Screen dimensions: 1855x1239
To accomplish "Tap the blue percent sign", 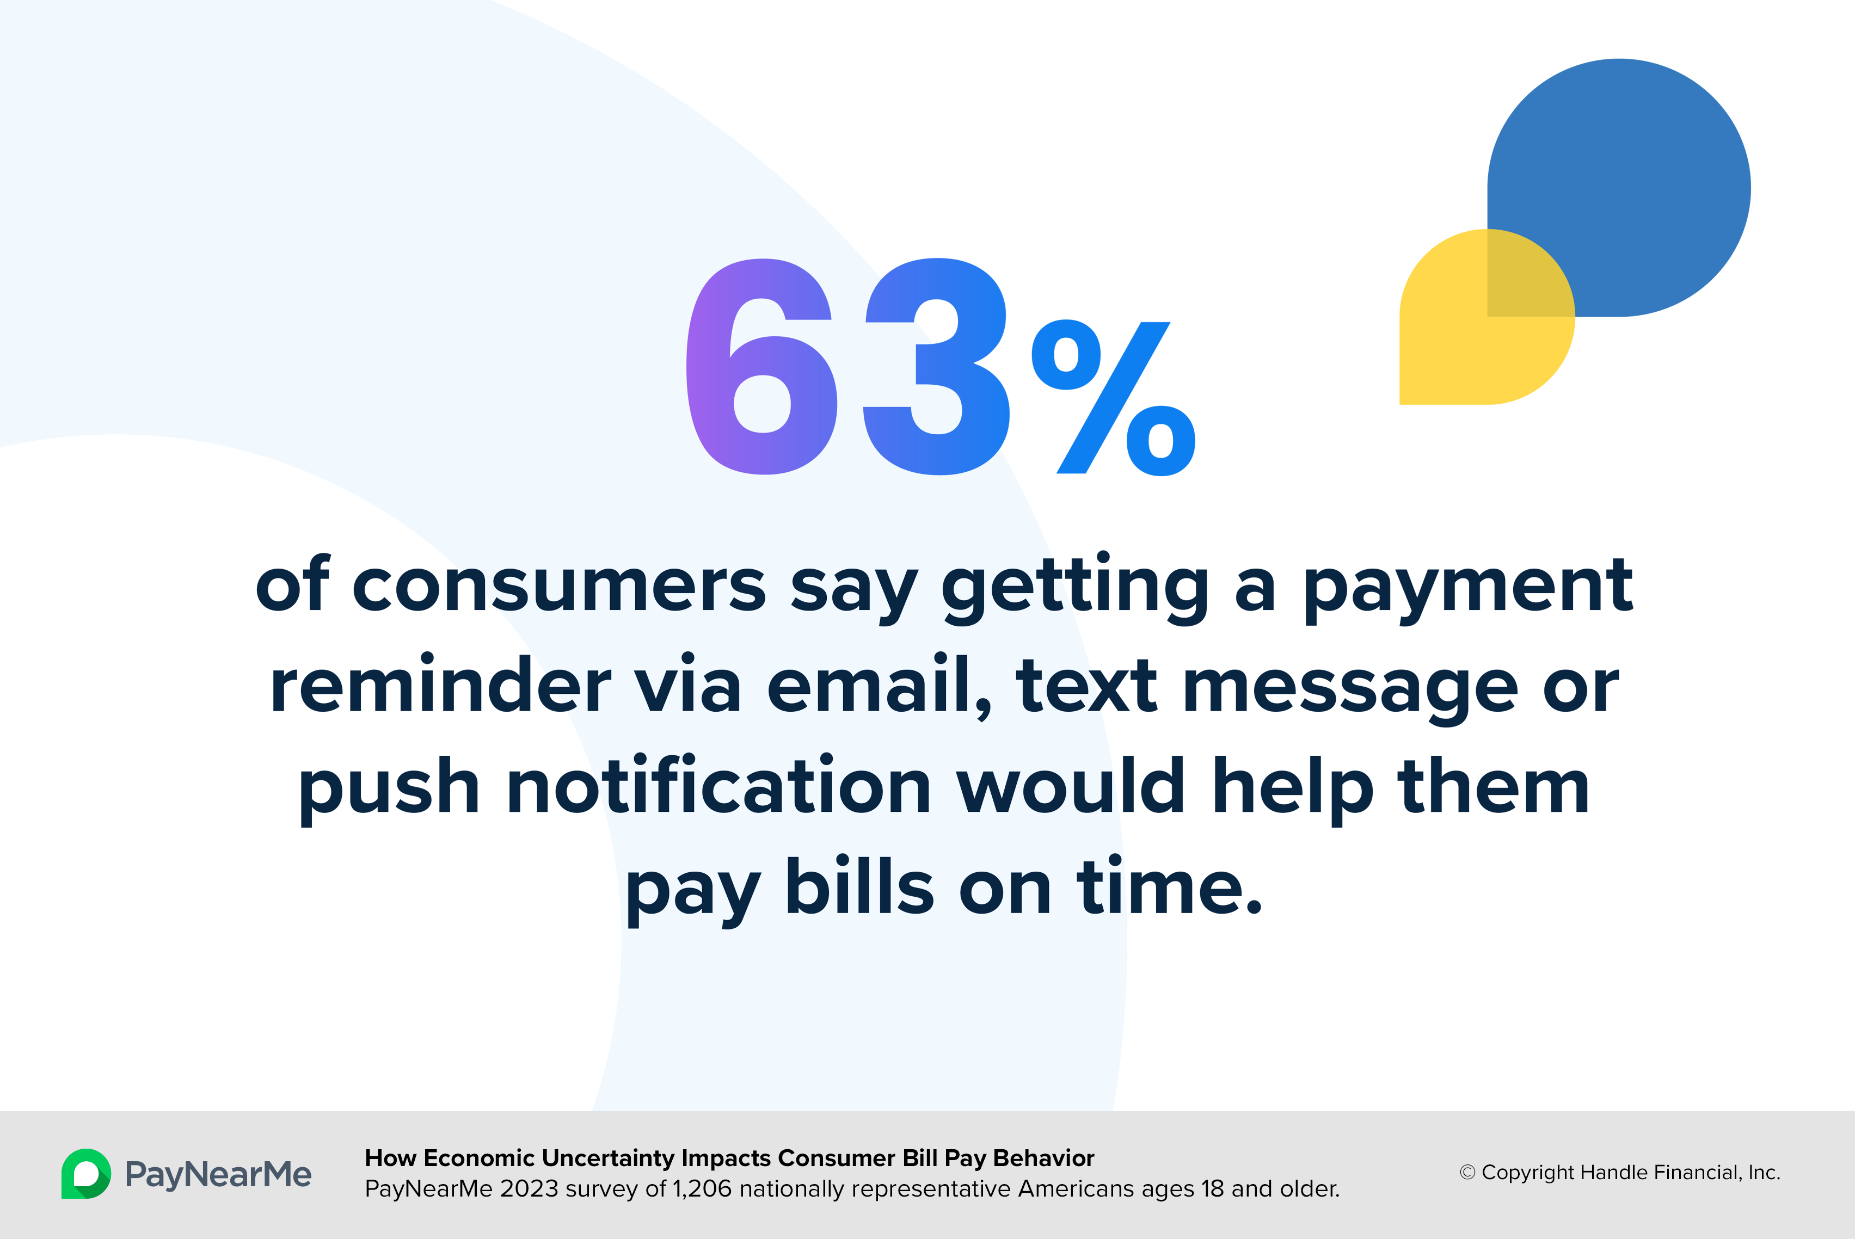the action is point(1113,397).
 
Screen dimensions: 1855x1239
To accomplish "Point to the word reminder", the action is point(441,685).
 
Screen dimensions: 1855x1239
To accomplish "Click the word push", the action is point(389,790).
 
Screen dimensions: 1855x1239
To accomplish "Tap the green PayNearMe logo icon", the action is point(86,1173).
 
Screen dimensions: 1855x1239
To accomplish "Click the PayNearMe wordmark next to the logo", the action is point(218,1175).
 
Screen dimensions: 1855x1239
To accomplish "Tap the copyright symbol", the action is point(1467,1173).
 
